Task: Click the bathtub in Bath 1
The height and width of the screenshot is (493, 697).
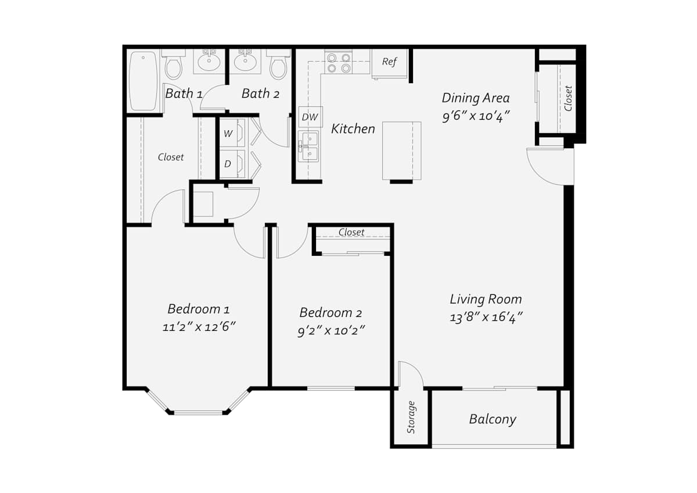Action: (143, 81)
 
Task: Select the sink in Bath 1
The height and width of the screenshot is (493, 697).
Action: (209, 62)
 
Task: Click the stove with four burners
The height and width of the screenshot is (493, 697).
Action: (339, 63)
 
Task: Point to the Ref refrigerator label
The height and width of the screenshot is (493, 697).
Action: (389, 62)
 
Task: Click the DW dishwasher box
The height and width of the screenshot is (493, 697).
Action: (311, 117)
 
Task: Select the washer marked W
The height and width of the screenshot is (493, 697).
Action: (232, 133)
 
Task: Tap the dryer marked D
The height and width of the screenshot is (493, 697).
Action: (232, 164)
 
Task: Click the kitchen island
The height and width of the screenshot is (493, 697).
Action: (402, 151)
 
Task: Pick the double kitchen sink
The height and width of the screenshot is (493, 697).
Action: (308, 146)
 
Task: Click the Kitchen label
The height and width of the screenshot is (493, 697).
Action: (353, 129)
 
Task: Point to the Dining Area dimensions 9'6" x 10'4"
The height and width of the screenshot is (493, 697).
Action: (476, 116)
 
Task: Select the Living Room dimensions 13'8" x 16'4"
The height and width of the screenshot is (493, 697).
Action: (486, 317)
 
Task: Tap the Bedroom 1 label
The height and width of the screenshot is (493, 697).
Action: (199, 309)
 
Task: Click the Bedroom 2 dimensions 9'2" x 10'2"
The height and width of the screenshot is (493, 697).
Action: (330, 330)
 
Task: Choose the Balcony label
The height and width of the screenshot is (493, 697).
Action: (493, 419)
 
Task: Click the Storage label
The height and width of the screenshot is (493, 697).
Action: (411, 417)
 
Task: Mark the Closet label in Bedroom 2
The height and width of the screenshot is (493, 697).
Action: (351, 232)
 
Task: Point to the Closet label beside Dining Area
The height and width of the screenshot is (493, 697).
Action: (568, 98)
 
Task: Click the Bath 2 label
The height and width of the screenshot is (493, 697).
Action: (260, 94)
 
